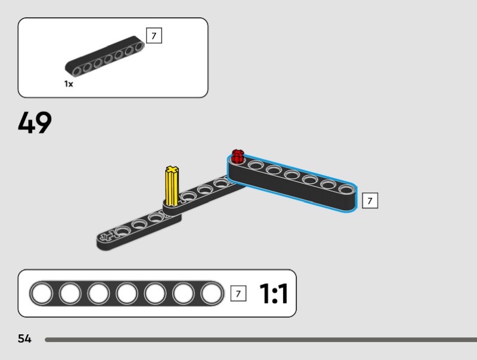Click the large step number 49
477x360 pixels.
point(35,122)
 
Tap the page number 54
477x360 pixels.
point(24,339)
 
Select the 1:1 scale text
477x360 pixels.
point(273,293)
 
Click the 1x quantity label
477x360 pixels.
point(69,83)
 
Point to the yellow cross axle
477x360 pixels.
point(172,186)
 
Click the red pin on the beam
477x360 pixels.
point(237,156)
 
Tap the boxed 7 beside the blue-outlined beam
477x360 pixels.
point(370,201)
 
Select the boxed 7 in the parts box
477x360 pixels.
point(154,36)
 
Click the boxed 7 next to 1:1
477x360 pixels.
point(238,293)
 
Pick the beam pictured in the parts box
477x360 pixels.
point(104,56)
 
